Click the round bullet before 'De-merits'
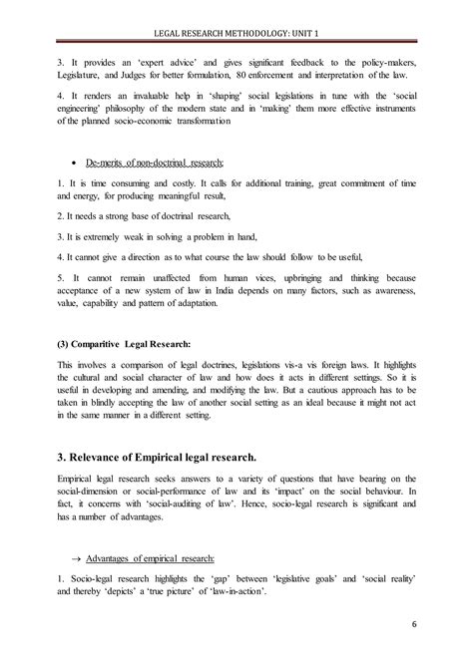pyautogui.click(x=67, y=162)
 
